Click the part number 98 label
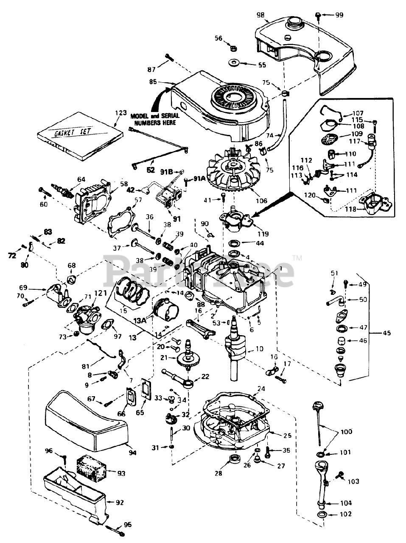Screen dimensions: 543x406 click(x=260, y=15)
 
